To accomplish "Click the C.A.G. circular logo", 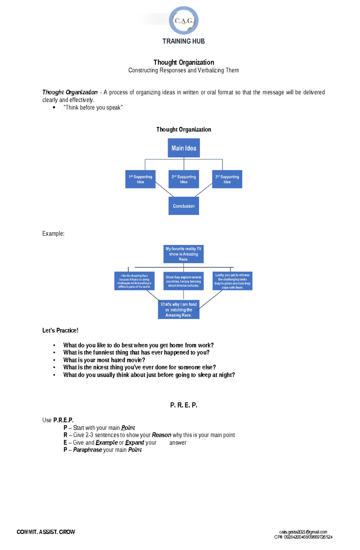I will click(x=184, y=20).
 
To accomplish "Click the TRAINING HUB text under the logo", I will click(x=183, y=41).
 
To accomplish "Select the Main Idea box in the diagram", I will click(x=184, y=148).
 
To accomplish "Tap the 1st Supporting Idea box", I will click(x=140, y=179).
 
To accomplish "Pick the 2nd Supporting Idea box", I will click(x=184, y=179).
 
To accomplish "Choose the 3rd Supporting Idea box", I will click(x=227, y=179).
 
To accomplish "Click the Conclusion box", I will click(x=184, y=206).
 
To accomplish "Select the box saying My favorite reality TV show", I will click(x=183, y=254).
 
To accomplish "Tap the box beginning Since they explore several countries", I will click(x=183, y=281).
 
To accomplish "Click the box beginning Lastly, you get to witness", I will click(x=232, y=281).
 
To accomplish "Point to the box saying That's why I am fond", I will click(x=178, y=309).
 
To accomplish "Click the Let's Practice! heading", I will click(x=60, y=330).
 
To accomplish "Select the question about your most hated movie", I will click(x=104, y=360).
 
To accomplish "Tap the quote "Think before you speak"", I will click(x=93, y=108).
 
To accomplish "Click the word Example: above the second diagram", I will click(x=53, y=233).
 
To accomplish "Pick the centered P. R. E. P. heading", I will click(x=184, y=405).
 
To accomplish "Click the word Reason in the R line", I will click(x=161, y=435).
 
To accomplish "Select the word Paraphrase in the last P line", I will click(x=87, y=450).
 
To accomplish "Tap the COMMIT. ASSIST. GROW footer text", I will click(x=46, y=532).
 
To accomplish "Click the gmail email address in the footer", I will click(x=303, y=532).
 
